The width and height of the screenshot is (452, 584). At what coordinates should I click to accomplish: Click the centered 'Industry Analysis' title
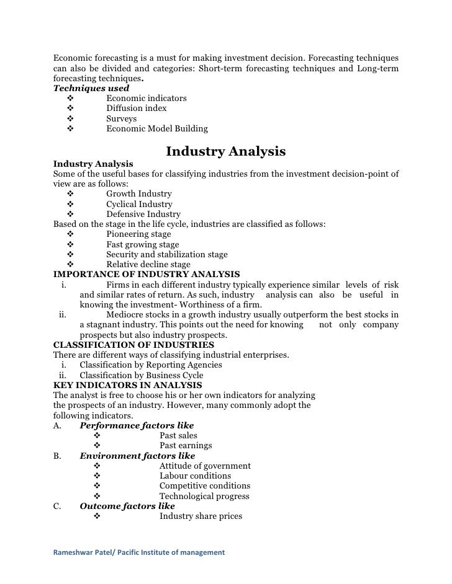point(225,151)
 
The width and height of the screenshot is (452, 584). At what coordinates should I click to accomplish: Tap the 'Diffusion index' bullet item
point(136,108)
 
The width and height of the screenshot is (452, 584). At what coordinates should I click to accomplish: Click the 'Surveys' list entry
point(121,118)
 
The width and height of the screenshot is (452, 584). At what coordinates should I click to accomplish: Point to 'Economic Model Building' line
point(156,129)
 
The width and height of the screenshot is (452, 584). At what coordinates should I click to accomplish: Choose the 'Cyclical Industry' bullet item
point(139,204)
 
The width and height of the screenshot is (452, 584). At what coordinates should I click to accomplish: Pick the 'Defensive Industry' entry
point(143,215)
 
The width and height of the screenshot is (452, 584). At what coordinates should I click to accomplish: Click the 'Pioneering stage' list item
point(138,234)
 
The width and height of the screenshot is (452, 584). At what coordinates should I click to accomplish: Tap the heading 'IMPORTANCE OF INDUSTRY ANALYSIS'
point(147,275)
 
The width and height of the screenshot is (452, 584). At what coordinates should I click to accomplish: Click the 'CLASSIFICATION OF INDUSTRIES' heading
point(133,345)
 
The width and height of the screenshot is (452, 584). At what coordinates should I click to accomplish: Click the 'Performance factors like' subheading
point(137,425)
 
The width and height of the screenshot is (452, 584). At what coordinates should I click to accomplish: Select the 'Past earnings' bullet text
point(186,446)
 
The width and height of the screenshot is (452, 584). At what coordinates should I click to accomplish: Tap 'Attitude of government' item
point(205,466)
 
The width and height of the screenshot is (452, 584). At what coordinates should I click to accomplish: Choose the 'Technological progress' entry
point(204,496)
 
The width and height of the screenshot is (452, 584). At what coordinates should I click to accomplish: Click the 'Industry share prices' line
point(201,516)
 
